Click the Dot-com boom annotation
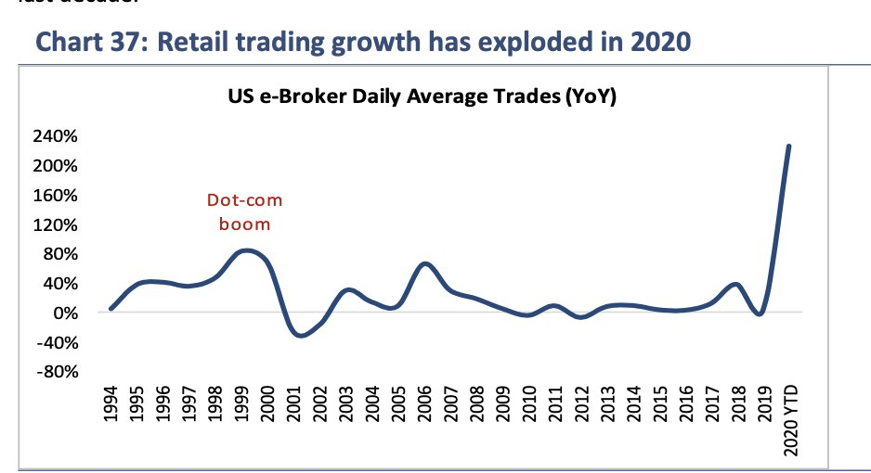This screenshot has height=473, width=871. pyautogui.click(x=244, y=211)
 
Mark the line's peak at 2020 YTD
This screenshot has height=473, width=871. pyautogui.click(x=788, y=146)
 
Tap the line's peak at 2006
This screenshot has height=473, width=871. pyautogui.click(x=424, y=263)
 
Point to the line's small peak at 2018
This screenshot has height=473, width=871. pyautogui.click(x=735, y=284)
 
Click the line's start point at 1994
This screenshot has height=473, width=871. pyautogui.click(x=110, y=309)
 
